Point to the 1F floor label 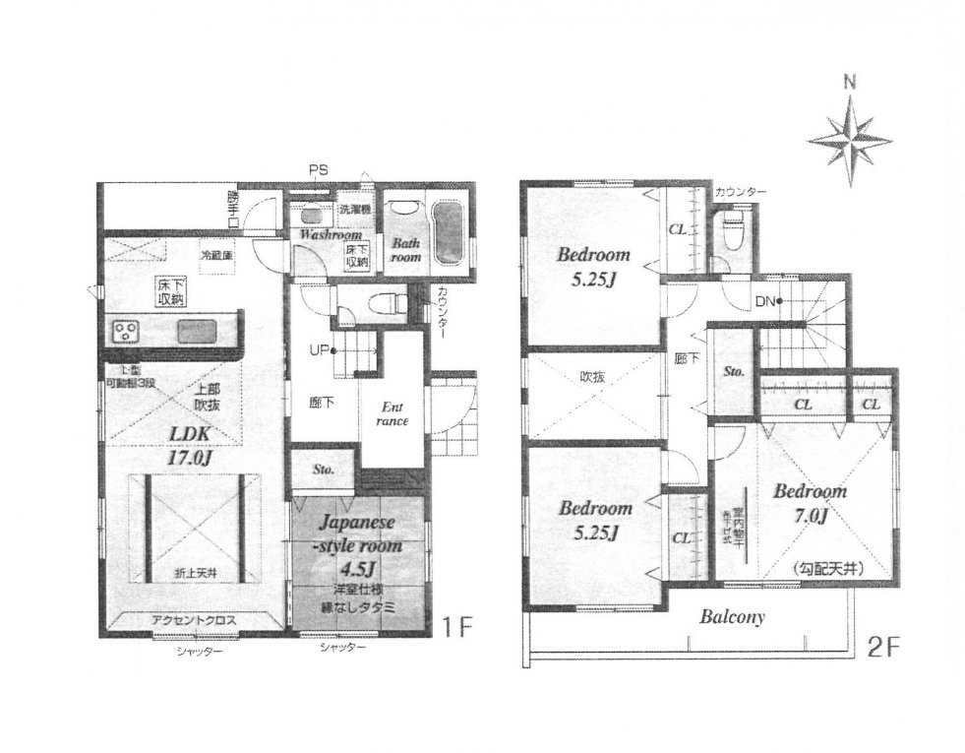454,623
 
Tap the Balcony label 732,618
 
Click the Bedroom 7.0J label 809,502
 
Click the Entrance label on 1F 392,413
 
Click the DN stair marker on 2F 766,301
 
